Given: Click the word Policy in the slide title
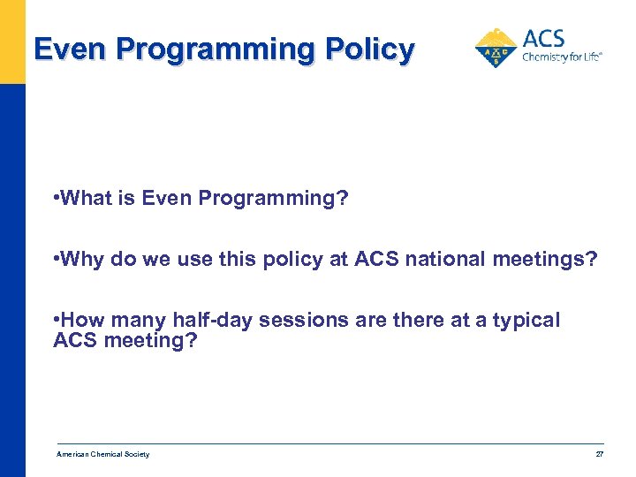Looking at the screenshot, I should click(368, 49).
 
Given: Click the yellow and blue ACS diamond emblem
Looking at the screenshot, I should click(497, 48).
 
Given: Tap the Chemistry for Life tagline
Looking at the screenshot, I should click(562, 57).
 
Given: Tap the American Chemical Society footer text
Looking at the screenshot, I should click(102, 454).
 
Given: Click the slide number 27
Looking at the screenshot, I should click(599, 454).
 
